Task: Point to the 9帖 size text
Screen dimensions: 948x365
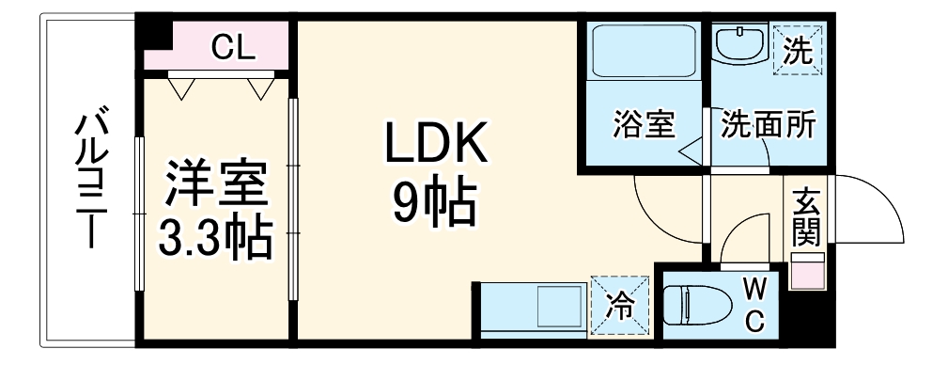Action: pyautogui.click(x=433, y=201)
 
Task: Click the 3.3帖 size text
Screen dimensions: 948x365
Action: pyautogui.click(x=216, y=239)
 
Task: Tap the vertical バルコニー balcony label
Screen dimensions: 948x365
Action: pyautogui.click(x=91, y=180)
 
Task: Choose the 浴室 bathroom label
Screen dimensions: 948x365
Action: pyautogui.click(x=645, y=125)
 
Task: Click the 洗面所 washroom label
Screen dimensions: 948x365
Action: pyautogui.click(x=768, y=125)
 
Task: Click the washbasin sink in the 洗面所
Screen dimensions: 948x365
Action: pyautogui.click(x=741, y=44)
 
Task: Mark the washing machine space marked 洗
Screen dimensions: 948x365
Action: pyautogui.click(x=797, y=48)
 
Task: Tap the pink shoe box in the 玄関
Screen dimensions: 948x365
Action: pyautogui.click(x=805, y=272)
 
